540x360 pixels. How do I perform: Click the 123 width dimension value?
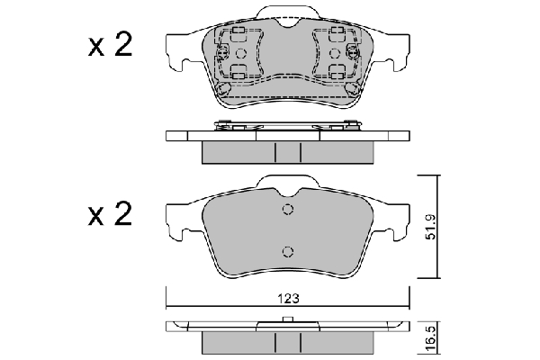pyautogui.click(x=289, y=298)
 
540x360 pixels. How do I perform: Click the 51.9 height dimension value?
pyautogui.click(x=430, y=227)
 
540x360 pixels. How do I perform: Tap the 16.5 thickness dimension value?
pyautogui.click(x=430, y=340)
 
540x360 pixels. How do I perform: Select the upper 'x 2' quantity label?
pyautogui.click(x=110, y=46)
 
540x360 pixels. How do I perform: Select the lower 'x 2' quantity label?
pyautogui.click(x=110, y=214)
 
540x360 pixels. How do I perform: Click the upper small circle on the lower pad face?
pyautogui.click(x=288, y=209)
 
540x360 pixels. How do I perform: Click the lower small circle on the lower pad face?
pyautogui.click(x=288, y=251)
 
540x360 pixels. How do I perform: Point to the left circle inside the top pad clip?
pyautogui.click(x=241, y=53)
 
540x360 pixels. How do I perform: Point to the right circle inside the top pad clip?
pyautogui.click(x=335, y=53)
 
